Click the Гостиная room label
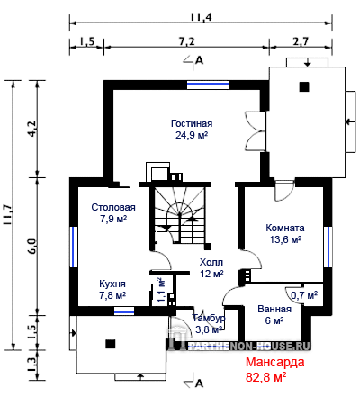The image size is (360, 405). pos(192,123)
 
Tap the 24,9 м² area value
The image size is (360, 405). pos(192,135)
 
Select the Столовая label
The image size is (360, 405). pos(113,207)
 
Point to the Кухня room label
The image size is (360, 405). pos(112,283)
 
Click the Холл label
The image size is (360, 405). pos(211,262)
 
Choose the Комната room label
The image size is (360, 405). pos(285,228)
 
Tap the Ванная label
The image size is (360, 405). pos(274,309)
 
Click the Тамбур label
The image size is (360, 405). pos(209,318)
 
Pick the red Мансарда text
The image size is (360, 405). pos(275,362)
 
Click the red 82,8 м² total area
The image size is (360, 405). pos(265,377)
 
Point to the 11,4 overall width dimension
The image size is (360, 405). pos(201,17)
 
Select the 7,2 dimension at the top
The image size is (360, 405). pos(187,41)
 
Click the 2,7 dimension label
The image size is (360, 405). pos(301,41)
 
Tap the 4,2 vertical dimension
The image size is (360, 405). pos(32,129)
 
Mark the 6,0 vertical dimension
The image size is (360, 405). pos(32,247)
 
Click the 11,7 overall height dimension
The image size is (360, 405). pos(8,215)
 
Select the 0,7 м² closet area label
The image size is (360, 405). pos(304,295)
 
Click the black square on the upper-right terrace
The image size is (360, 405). pos(304,87)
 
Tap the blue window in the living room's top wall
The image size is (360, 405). pos(208,85)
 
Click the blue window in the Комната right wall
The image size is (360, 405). pos(328,247)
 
